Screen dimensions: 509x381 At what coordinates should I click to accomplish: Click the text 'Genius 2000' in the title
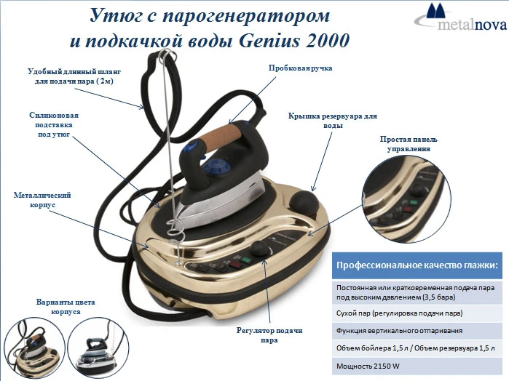[294, 41]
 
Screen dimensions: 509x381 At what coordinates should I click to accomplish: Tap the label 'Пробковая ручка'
[300, 68]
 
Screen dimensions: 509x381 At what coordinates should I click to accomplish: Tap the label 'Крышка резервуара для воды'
[333, 121]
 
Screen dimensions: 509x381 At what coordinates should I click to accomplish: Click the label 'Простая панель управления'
[409, 144]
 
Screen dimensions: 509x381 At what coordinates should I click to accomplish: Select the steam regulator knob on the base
[261, 249]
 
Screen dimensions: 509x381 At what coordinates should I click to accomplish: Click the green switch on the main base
[247, 260]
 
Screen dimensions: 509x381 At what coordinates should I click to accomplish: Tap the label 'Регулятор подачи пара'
[269, 335]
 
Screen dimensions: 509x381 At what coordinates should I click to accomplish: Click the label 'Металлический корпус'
[42, 200]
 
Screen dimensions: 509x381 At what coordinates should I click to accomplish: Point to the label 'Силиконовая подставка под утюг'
[54, 125]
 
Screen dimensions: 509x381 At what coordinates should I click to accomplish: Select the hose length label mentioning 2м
[74, 76]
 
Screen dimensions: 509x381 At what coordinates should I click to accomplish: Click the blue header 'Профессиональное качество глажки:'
[417, 265]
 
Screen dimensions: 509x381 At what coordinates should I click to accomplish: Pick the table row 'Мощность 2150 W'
[417, 366]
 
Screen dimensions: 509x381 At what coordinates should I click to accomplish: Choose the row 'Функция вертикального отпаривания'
[417, 331]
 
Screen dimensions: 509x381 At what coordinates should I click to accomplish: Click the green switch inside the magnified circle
[413, 202]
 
